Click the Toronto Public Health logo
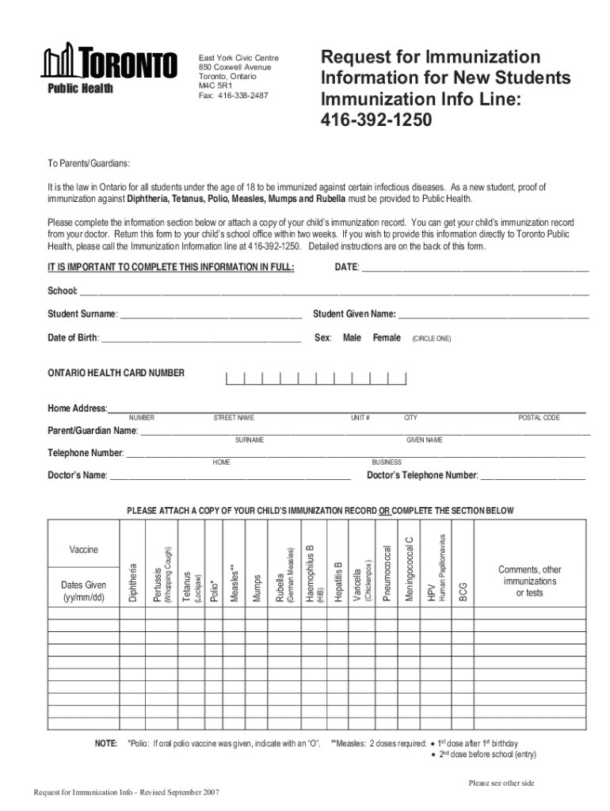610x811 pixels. [111, 69]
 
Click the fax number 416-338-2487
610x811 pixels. [242, 95]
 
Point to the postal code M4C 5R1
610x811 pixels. [216, 86]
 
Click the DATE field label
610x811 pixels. [347, 267]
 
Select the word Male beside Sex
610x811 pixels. [352, 338]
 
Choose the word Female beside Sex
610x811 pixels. [387, 338]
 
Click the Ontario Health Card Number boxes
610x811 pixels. [316, 378]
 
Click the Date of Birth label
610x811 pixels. [73, 338]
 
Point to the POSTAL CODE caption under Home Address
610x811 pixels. [539, 417]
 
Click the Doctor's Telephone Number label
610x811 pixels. [421, 475]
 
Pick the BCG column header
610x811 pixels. [463, 591]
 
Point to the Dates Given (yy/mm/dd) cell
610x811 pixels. [83, 591]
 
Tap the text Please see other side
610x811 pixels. [501, 783]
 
